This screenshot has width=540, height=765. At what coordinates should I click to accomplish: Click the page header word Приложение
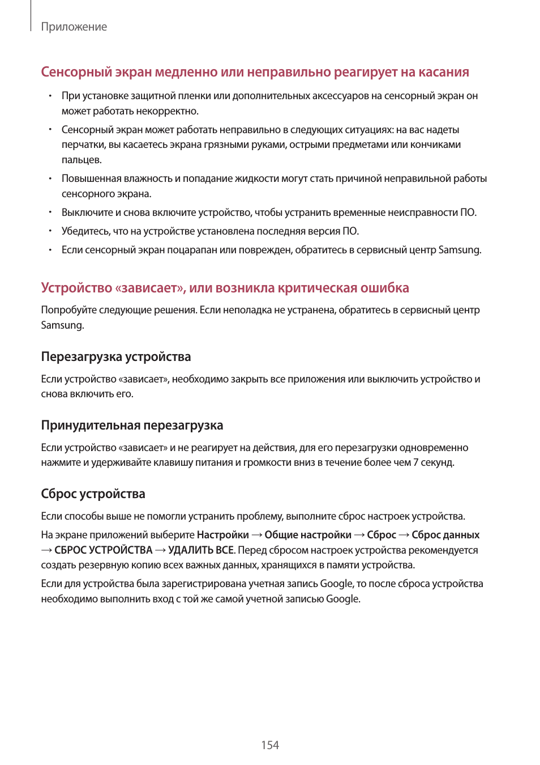(x=74, y=27)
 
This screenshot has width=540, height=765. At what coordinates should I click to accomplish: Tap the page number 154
(x=270, y=745)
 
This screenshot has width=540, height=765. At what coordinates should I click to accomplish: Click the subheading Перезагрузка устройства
(x=115, y=356)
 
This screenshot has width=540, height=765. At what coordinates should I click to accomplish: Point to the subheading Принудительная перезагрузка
(x=132, y=425)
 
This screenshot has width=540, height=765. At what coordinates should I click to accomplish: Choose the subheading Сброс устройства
(x=93, y=494)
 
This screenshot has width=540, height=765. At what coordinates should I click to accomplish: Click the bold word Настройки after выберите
(x=222, y=535)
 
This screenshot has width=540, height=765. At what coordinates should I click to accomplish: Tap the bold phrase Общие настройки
(x=308, y=535)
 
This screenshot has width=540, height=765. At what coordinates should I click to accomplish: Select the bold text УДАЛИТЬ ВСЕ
(x=201, y=550)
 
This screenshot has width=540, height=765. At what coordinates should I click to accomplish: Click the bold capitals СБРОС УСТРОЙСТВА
(x=104, y=550)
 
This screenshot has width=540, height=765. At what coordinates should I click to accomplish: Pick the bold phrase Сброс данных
(x=445, y=535)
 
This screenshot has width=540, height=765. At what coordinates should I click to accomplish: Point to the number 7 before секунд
(x=415, y=462)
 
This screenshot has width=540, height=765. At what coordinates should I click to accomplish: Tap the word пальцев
(x=82, y=160)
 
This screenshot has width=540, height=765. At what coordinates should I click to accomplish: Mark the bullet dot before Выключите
(x=50, y=212)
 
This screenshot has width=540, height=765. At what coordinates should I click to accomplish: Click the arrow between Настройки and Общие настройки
(x=256, y=535)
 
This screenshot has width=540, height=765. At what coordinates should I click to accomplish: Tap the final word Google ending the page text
(x=342, y=599)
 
